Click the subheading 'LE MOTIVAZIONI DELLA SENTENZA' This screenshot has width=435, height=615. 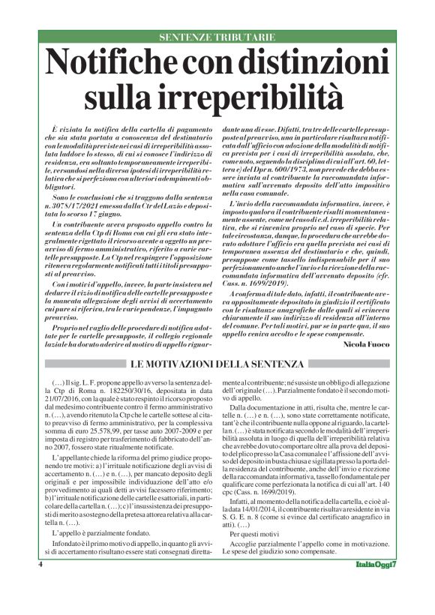click(x=217, y=364)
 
